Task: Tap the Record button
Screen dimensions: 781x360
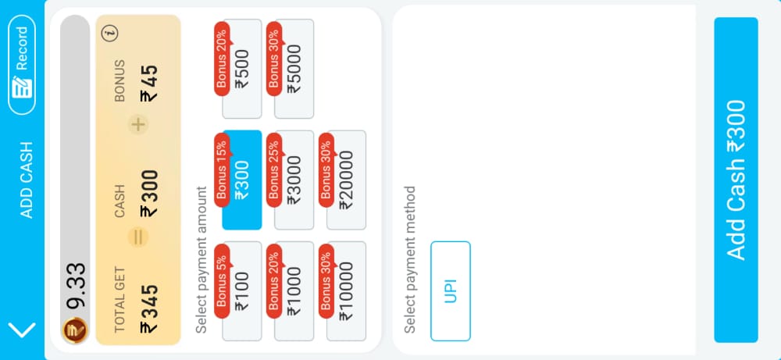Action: pyautogui.click(x=22, y=65)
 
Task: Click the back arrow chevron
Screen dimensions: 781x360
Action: pyautogui.click(x=23, y=329)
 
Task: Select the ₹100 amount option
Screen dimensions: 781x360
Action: pyautogui.click(x=242, y=291)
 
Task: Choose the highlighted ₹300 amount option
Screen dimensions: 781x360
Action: pyautogui.click(x=242, y=180)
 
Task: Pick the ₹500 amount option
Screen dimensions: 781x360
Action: pyautogui.click(x=242, y=69)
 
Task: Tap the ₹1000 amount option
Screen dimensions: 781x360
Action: pyautogui.click(x=294, y=291)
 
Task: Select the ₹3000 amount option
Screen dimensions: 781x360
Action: pyautogui.click(x=294, y=180)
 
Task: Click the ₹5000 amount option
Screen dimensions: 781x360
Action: pyautogui.click(x=294, y=69)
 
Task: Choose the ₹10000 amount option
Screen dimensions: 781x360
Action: pyautogui.click(x=347, y=291)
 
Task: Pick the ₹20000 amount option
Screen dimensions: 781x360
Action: pyautogui.click(x=347, y=180)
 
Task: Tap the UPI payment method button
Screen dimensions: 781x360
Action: pyautogui.click(x=451, y=291)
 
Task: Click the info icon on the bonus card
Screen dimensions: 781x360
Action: pyautogui.click(x=112, y=34)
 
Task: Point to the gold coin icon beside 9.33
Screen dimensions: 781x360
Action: pyautogui.click(x=75, y=330)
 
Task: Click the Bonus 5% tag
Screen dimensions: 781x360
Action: pyautogui.click(x=222, y=281)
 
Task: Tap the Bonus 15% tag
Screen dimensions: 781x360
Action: pyautogui.click(x=222, y=169)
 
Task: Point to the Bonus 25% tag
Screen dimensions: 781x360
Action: pyautogui.click(x=274, y=169)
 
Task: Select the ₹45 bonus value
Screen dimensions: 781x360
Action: pyautogui.click(x=149, y=84)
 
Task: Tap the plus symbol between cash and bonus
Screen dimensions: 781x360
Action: pyautogui.click(x=138, y=124)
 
